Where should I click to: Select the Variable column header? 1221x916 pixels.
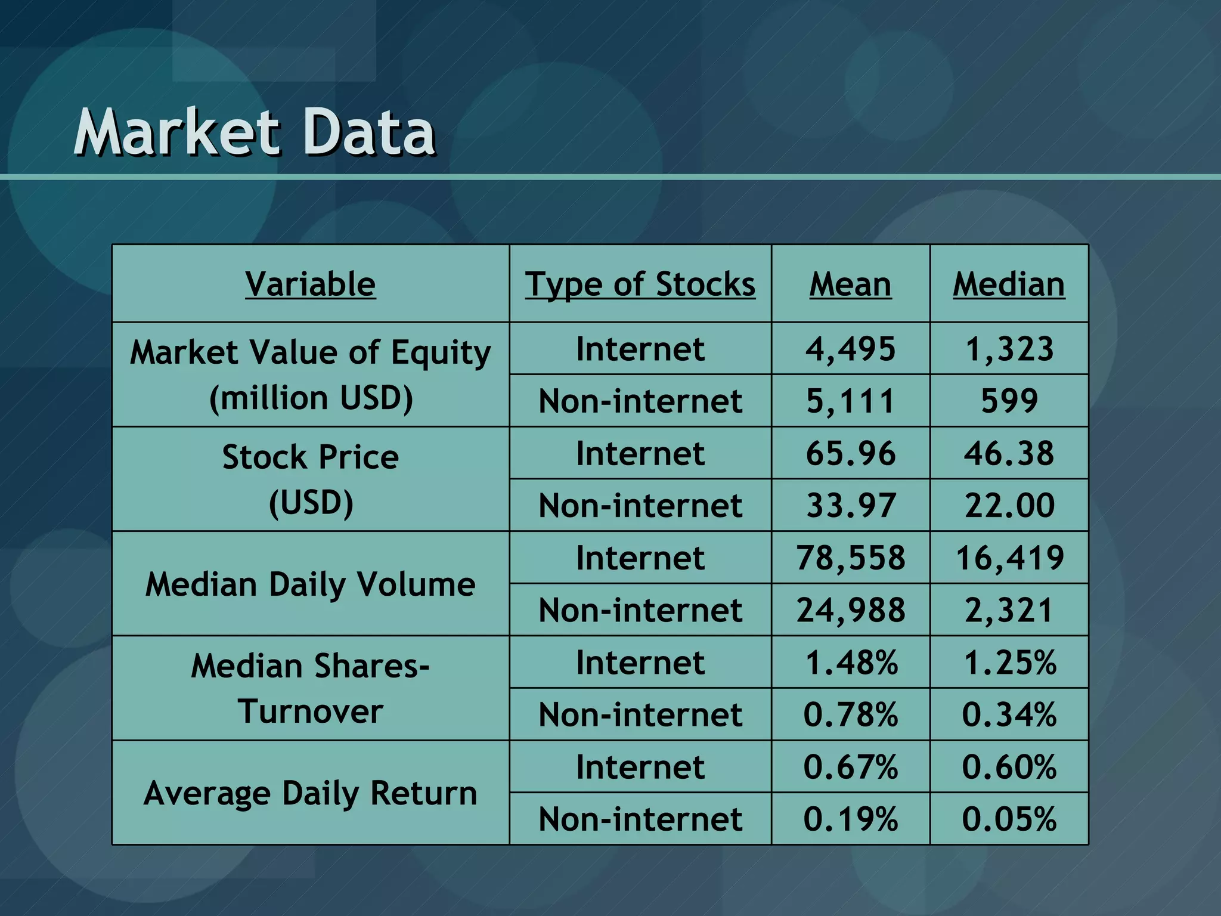[310, 284]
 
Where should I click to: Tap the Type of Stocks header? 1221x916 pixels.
[640, 284]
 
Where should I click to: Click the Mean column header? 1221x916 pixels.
[850, 284]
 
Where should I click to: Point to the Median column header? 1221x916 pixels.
[1009, 284]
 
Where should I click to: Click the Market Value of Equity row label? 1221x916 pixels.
[310, 375]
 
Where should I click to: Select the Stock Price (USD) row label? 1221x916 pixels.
[310, 479]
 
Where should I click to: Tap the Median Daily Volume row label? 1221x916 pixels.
[310, 584]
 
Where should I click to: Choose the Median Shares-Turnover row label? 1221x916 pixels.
[310, 688]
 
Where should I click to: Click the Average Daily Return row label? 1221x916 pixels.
[310, 793]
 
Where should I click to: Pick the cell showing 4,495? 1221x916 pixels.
[850, 349]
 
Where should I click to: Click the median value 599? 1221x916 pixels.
[1009, 401]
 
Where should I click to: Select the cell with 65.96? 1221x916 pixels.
[850, 453]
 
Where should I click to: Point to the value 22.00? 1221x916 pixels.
[1009, 505]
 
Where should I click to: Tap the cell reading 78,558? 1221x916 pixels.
[850, 558]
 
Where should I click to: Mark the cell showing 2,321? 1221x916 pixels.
[1009, 610]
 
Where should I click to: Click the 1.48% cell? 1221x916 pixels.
[850, 663]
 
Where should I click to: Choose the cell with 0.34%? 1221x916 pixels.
[1009, 714]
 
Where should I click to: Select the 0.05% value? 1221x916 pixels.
[1009, 819]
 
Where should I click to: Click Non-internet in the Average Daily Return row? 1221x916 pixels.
[640, 819]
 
